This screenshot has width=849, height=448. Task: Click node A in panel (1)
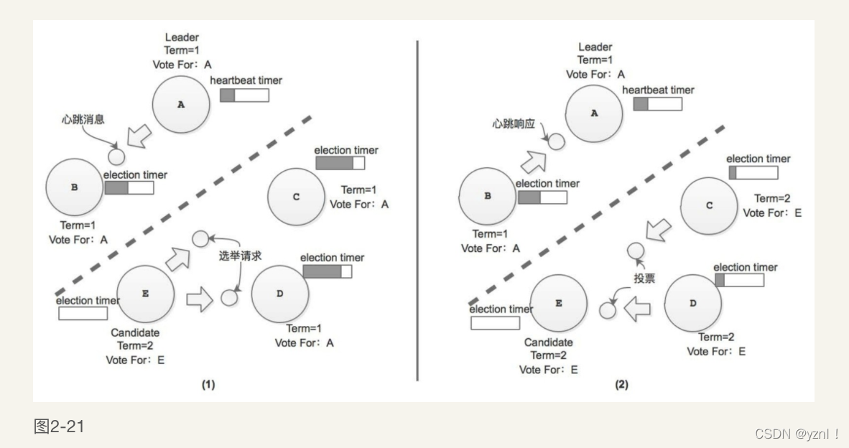tap(181, 105)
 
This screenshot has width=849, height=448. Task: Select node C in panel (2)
tap(709, 205)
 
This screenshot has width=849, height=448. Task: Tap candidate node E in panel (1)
tap(146, 294)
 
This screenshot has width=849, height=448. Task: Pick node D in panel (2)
tap(692, 303)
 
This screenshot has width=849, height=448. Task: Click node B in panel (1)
tap(74, 187)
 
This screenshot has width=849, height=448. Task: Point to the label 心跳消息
tap(84, 118)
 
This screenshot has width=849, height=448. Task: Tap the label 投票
tap(645, 278)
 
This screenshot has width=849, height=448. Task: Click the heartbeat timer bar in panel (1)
tap(244, 95)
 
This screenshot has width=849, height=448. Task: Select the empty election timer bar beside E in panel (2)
tap(495, 322)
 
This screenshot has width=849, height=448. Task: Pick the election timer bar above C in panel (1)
tap(340, 164)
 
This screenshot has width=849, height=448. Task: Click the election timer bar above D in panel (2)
tap(739, 280)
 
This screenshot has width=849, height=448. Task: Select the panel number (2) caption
tap(621, 385)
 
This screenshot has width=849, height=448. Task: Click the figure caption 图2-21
tap(59, 427)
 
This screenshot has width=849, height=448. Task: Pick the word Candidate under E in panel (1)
tap(135, 333)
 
